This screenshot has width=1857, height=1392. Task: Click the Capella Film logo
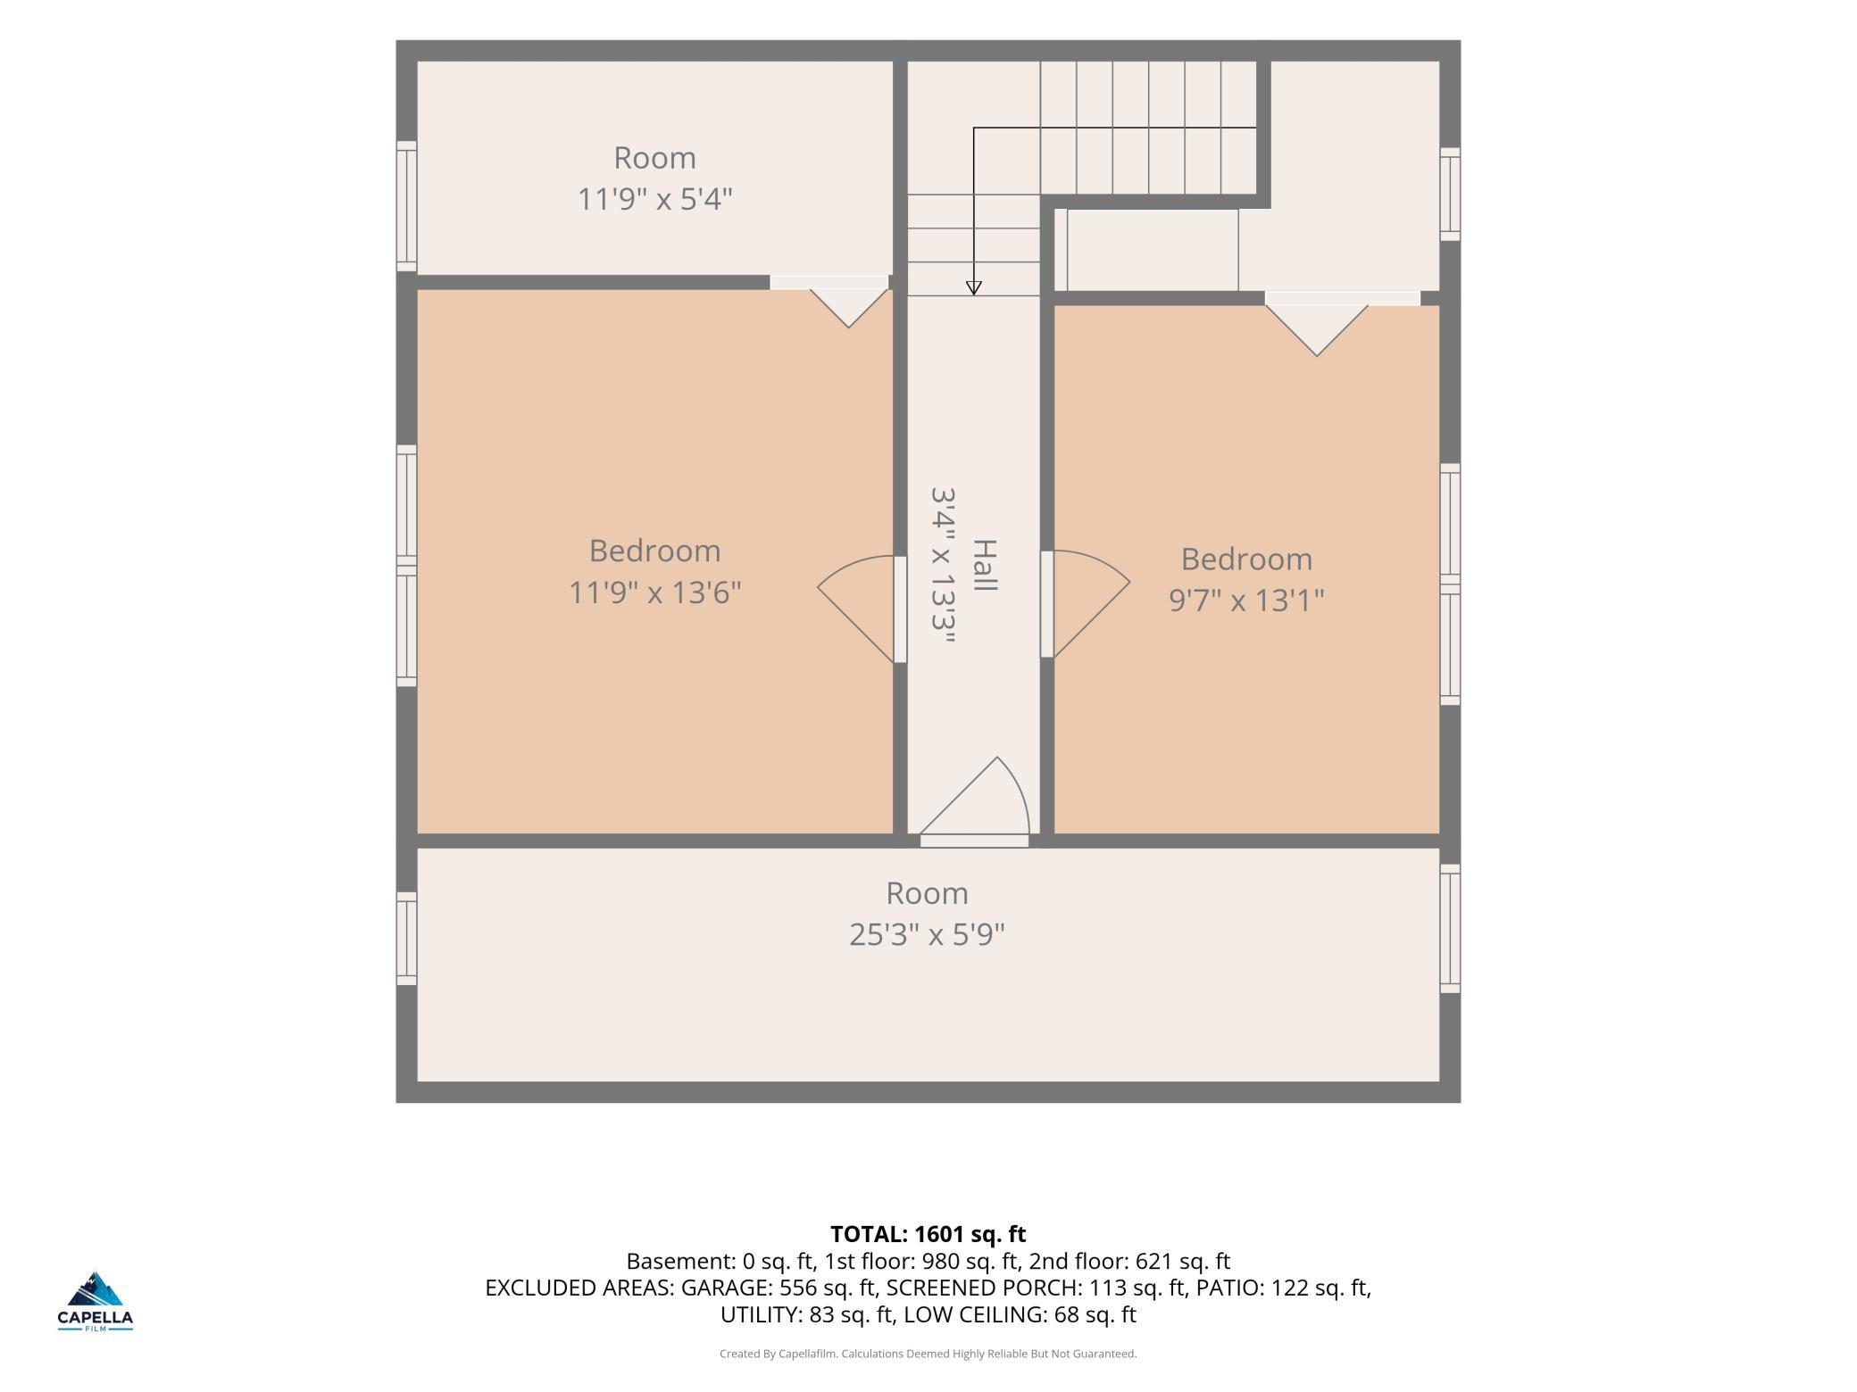(x=96, y=1301)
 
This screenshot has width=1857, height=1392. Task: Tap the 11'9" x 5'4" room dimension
(x=654, y=198)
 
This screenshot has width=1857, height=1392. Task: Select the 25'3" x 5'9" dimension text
(x=927, y=934)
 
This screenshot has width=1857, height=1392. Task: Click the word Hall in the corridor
(x=984, y=565)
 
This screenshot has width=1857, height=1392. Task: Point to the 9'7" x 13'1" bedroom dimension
(x=1246, y=600)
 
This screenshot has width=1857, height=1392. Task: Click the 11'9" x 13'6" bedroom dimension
(x=654, y=592)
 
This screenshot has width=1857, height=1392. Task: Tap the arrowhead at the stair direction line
(x=974, y=287)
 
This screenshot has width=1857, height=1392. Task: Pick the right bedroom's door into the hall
(x=1085, y=604)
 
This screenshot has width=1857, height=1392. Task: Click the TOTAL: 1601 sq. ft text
(x=928, y=1234)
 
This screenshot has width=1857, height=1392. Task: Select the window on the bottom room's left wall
(x=406, y=939)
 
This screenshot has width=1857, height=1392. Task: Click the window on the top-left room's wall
(x=406, y=206)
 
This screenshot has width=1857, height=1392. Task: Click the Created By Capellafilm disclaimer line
(x=928, y=1354)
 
